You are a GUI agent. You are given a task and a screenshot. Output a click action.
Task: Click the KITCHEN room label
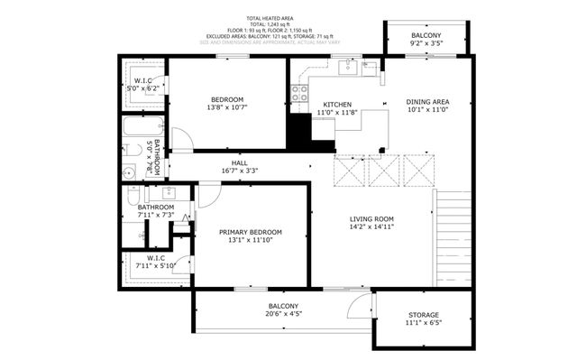point(337,104)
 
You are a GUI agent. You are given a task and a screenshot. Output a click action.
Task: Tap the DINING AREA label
point(428,102)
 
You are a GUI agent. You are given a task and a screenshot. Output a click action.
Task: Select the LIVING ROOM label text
point(372,218)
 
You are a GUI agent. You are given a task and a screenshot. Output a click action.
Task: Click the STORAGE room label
point(423,314)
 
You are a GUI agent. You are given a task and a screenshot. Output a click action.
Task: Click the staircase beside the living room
point(453,236)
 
